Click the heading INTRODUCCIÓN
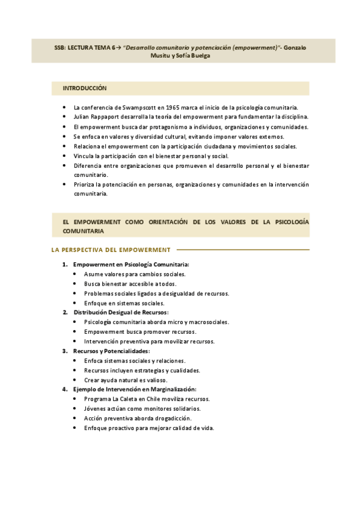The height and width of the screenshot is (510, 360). click(x=85, y=88)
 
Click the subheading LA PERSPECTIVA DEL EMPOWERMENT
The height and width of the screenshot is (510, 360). click(x=111, y=250)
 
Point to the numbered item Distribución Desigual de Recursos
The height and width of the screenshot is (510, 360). click(x=121, y=312)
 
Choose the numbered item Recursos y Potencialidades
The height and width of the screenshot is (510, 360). click(x=111, y=351)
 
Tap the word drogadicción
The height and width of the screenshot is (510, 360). click(x=172, y=418)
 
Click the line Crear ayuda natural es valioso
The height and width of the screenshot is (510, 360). click(x=126, y=379)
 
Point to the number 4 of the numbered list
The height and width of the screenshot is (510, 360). click(x=64, y=389)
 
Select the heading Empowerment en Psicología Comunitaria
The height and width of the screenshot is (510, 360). click(x=131, y=264)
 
